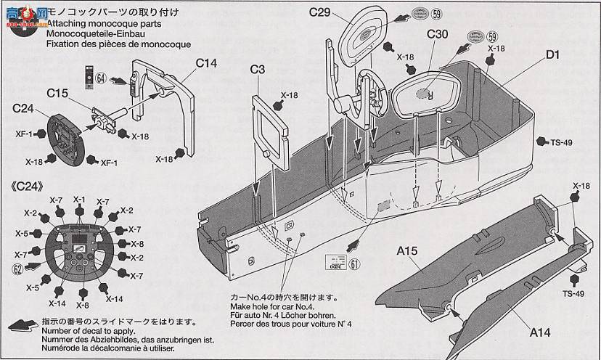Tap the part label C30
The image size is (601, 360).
click(x=437, y=34)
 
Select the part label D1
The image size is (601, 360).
click(x=552, y=54)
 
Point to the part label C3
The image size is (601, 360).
click(x=258, y=70)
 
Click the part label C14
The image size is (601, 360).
click(x=205, y=63)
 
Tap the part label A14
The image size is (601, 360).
click(x=540, y=332)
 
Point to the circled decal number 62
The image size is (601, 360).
click(x=17, y=267)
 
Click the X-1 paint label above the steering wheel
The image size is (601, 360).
click(x=79, y=200)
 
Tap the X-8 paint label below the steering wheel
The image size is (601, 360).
click(x=81, y=306)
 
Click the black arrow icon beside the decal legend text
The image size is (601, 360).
click(x=20, y=325)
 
